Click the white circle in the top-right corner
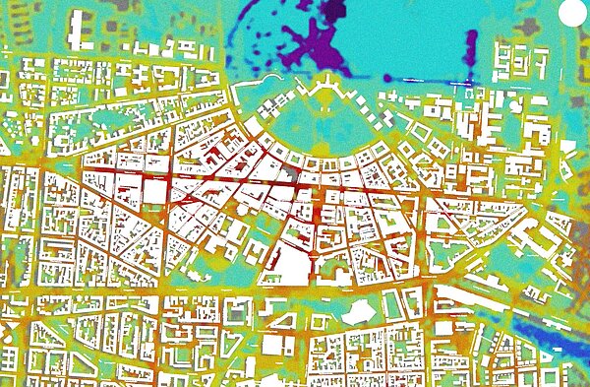tap(571, 13)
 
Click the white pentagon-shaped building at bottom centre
tap(357, 310)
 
